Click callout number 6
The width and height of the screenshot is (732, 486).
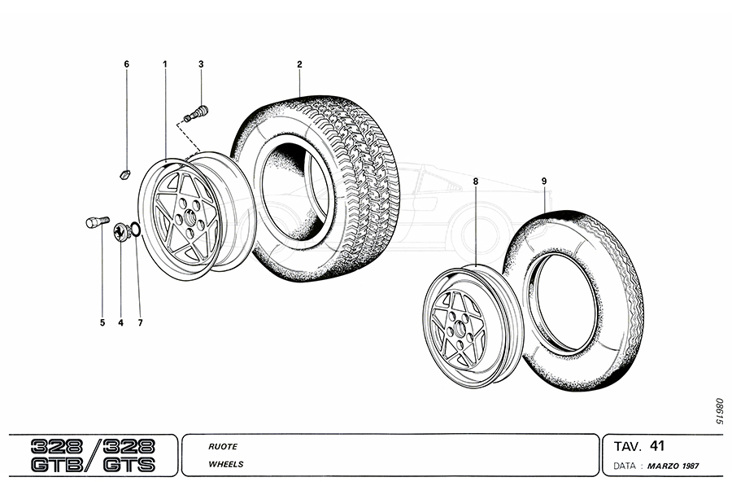(126, 63)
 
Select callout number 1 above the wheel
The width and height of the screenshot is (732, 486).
(165, 63)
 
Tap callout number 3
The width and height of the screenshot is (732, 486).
(201, 63)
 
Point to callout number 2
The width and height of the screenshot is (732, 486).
(299, 63)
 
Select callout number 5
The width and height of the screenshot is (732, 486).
(102, 323)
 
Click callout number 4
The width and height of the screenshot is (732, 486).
(120, 323)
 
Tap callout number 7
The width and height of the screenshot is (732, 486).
(140, 323)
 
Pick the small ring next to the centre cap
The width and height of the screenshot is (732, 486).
(135, 231)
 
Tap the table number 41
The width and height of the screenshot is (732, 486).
(658, 445)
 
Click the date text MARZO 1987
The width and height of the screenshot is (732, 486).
(674, 466)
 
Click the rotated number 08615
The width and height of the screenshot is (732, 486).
(718, 412)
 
